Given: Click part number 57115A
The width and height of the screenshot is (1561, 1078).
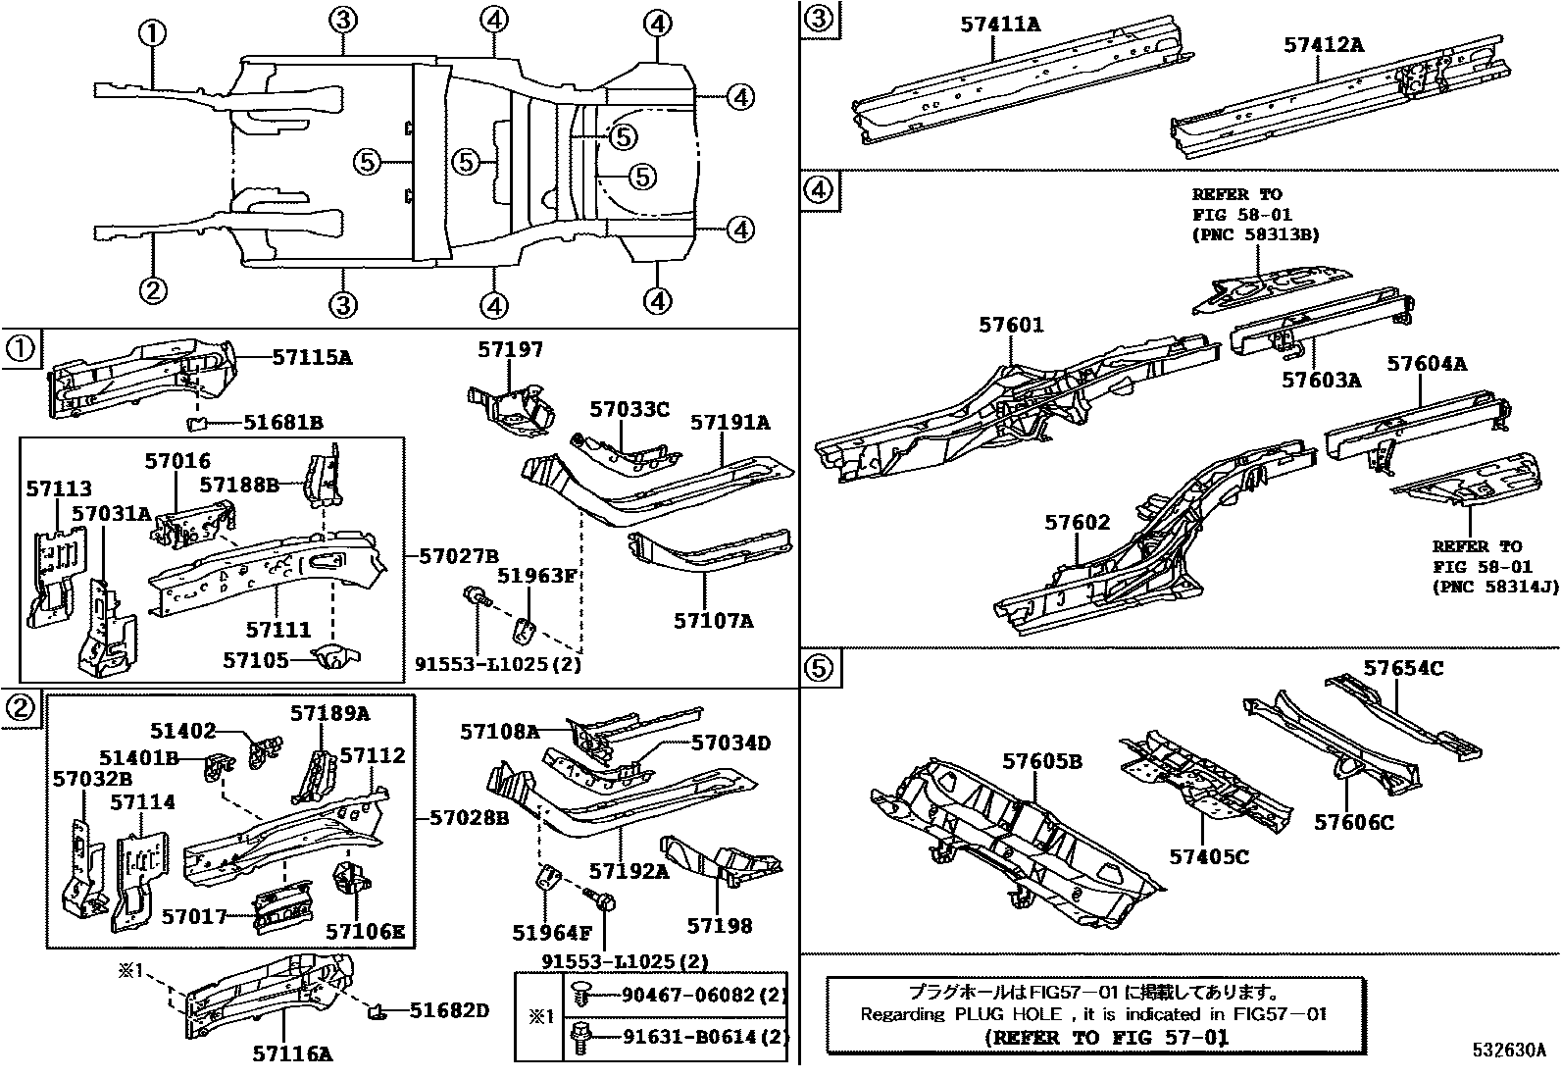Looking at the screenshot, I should [x=312, y=357].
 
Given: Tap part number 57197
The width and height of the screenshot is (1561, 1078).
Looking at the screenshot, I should [x=510, y=350].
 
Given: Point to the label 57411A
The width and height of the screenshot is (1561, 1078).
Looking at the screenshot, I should [x=999, y=24].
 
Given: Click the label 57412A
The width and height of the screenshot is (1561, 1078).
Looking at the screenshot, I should [x=1324, y=45].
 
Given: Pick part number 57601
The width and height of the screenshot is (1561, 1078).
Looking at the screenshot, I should [x=1011, y=325].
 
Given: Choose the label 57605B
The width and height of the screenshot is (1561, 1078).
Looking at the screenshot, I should [x=1041, y=761].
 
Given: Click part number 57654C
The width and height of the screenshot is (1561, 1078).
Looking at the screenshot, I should [x=1403, y=668].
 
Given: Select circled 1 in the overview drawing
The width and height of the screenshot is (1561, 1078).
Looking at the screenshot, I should [x=152, y=34].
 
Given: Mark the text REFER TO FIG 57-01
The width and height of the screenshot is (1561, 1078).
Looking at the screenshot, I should [x=1106, y=1037].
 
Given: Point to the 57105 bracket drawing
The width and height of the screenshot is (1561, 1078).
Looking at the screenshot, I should [x=334, y=656].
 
